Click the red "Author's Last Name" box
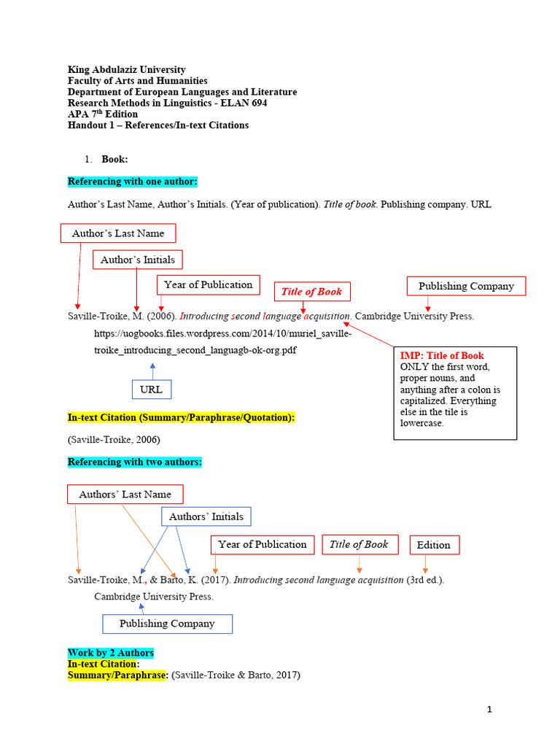(x=118, y=233)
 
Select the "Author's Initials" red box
(x=138, y=260)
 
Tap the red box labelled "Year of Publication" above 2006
(x=208, y=285)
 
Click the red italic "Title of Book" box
(x=311, y=292)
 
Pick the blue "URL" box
(x=152, y=390)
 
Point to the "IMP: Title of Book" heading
(x=442, y=356)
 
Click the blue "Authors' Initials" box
(x=206, y=517)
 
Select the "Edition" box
(x=434, y=545)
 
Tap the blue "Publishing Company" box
(x=167, y=624)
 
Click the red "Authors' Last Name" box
(x=125, y=495)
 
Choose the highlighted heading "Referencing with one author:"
(x=133, y=181)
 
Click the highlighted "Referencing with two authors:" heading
(x=135, y=462)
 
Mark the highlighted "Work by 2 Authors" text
(x=111, y=652)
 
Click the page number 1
(x=490, y=709)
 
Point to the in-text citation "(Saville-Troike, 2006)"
(x=114, y=440)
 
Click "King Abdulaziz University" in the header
(x=126, y=70)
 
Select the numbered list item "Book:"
(x=114, y=159)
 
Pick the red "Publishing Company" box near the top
(x=466, y=287)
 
